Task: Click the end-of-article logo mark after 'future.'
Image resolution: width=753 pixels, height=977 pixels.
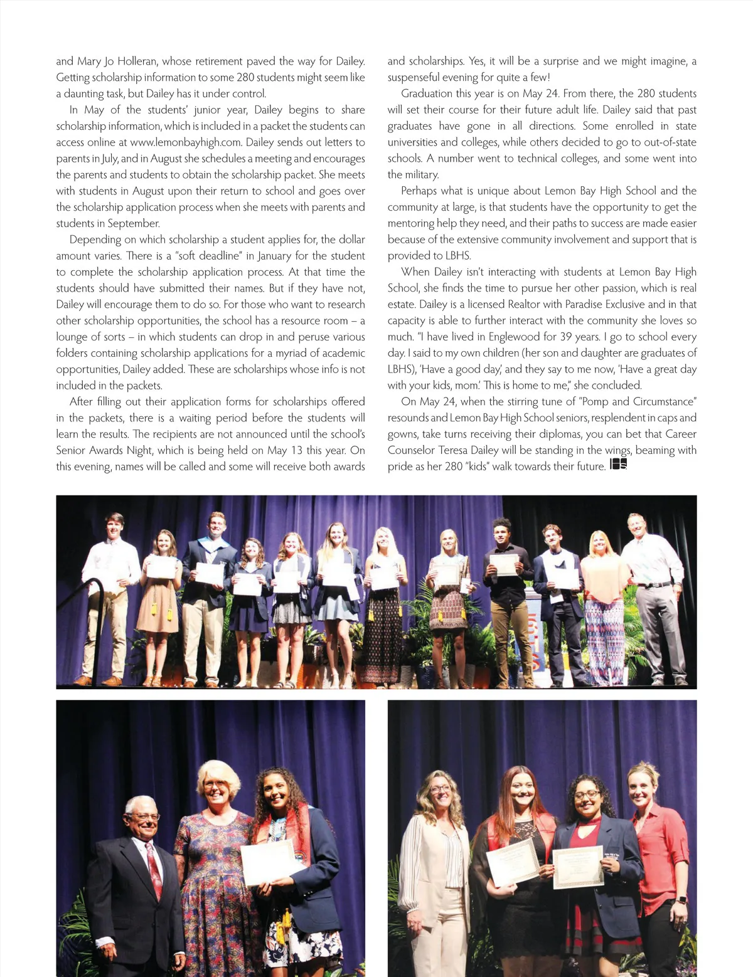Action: coord(618,465)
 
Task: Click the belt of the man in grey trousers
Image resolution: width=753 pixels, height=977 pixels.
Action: coord(653,584)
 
